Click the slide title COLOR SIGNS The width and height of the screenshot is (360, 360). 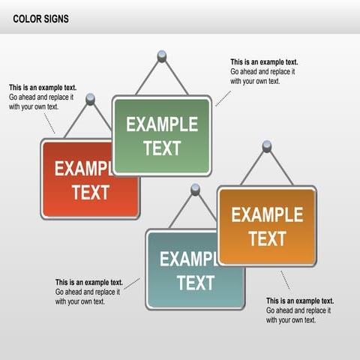coord(40,19)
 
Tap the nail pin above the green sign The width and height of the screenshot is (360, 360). coord(161,55)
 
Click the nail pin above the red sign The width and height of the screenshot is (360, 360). coord(91,98)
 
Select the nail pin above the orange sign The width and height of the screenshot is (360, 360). coord(267,145)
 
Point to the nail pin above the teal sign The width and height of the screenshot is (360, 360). coord(196,190)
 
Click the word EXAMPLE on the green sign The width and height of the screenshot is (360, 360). coord(162,124)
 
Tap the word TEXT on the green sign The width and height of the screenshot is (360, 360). coord(162,148)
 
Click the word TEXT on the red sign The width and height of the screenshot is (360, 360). coord(91,192)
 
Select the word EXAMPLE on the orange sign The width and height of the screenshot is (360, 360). coord(267,215)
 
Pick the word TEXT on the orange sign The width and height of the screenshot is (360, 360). coord(267,238)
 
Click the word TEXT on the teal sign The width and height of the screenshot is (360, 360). coord(196,283)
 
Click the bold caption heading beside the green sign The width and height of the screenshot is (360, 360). coord(264,62)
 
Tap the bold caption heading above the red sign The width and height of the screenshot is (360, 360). coord(43,88)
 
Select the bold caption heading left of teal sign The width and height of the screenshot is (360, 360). coord(89,283)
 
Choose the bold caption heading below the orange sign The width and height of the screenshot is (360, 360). coord(300,301)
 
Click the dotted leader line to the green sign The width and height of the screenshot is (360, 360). coord(223,97)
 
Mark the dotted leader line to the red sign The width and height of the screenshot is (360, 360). coord(50,124)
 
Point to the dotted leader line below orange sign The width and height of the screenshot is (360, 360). coord(285,280)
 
